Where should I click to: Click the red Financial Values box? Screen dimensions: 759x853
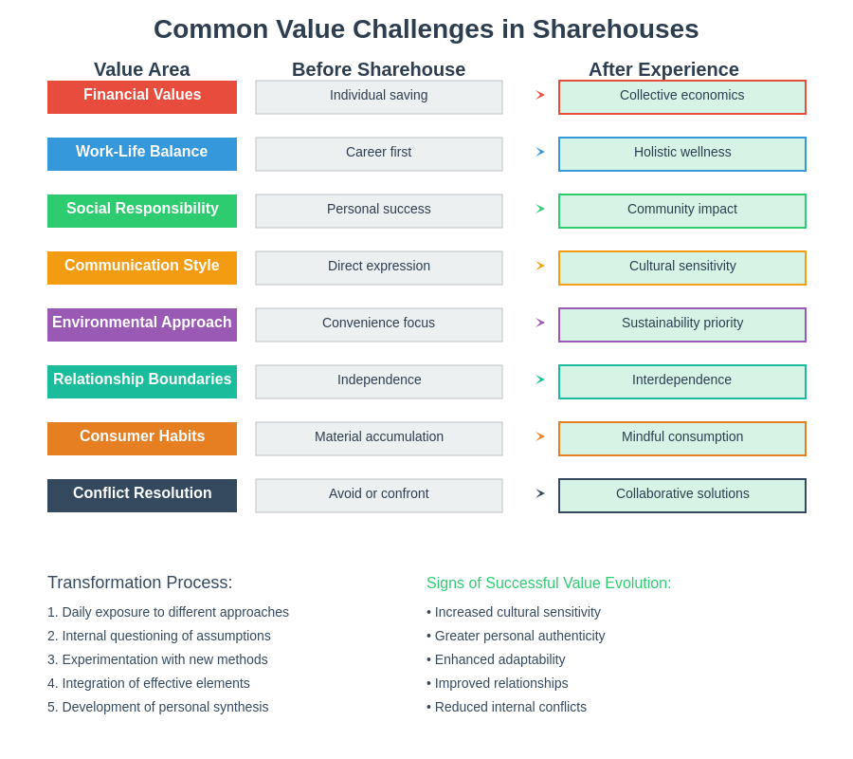coord(142,97)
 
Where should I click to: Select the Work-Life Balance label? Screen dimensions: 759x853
coord(142,154)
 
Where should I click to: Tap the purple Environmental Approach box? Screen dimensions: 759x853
coord(142,324)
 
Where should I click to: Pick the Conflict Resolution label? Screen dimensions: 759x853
coord(142,495)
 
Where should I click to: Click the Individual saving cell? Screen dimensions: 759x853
coord(379,97)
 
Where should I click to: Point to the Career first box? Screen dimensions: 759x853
coord(379,154)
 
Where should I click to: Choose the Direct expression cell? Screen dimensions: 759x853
coord(379,268)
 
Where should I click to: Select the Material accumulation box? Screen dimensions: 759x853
coord(379,438)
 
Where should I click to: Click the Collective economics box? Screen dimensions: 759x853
coord(682,97)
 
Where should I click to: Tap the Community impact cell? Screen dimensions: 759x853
coord(682,211)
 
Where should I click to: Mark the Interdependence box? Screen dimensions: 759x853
coord(682,381)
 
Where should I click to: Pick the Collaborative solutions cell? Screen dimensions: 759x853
coord(682,495)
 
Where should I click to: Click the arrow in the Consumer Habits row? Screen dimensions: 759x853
coord(540,436)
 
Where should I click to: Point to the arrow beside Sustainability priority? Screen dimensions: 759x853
coord(540,323)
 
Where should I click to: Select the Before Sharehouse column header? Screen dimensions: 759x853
coord(379,69)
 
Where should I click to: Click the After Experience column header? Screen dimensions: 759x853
coord(663,69)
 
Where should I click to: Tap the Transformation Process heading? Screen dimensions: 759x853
coord(140,583)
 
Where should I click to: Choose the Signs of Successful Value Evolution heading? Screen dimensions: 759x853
coord(549,583)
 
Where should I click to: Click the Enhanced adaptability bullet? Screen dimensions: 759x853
coord(496,659)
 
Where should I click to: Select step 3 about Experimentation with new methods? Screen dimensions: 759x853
coord(157,659)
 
